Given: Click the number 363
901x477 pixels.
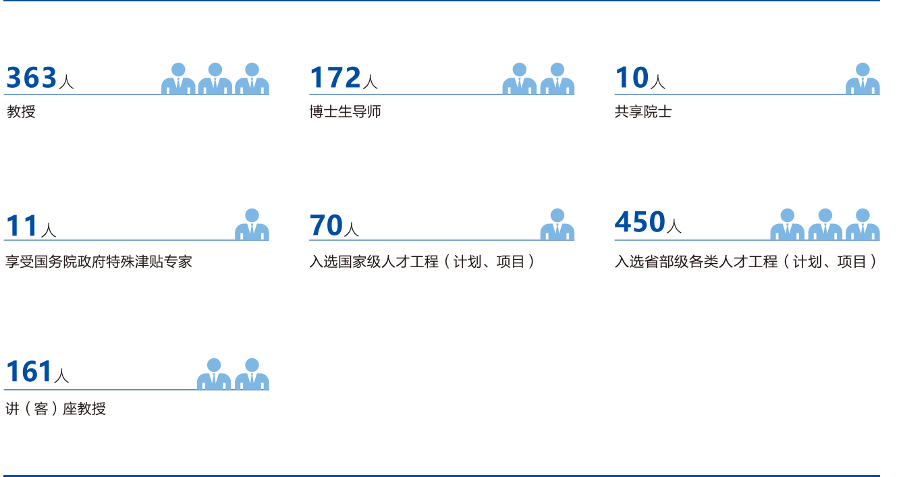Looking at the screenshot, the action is point(32,78).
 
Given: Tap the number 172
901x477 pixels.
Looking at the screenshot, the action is point(335,78).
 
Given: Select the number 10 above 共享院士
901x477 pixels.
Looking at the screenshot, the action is point(632,78).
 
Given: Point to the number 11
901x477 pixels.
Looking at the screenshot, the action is point(22,226).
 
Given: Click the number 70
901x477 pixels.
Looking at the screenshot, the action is point(326,226).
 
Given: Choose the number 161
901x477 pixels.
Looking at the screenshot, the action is point(29,372).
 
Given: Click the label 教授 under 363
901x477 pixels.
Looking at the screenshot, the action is point(21,112).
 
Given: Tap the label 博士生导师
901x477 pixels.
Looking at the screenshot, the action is point(345,112).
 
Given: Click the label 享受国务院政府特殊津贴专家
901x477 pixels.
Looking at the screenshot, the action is point(99,261).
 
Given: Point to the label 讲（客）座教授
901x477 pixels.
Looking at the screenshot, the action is point(55,409).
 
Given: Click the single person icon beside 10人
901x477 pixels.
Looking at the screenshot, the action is point(863,79).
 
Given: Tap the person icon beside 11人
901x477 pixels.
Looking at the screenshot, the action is point(252,225).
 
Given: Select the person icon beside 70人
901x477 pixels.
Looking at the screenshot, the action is point(557,225).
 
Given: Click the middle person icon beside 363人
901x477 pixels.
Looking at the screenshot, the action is point(215,79).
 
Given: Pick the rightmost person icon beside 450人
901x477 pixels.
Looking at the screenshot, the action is point(863,225).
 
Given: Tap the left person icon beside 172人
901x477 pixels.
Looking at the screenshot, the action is point(520,79).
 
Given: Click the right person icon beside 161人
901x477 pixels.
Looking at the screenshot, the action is point(252,374).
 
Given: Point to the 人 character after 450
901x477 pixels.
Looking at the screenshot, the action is point(674,226).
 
